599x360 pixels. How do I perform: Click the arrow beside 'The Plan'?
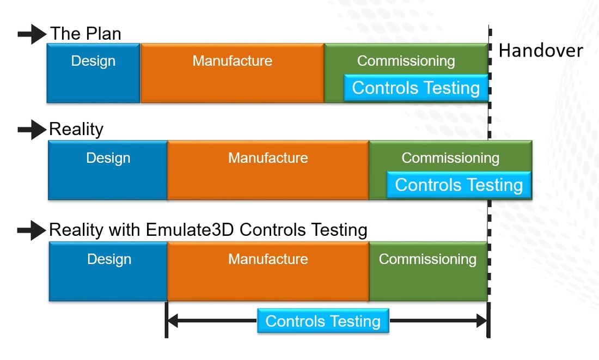[x=32, y=34]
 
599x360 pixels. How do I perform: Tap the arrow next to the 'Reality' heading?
[x=32, y=130]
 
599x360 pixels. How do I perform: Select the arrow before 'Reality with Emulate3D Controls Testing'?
[x=32, y=230]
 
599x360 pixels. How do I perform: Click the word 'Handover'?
[x=541, y=51]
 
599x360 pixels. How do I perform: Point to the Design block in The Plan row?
[x=93, y=73]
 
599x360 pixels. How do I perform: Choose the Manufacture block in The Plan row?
[x=233, y=73]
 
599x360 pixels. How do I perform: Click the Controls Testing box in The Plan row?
[x=416, y=88]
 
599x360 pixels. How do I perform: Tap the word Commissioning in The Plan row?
[x=406, y=61]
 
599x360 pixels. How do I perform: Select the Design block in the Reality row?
[x=108, y=170]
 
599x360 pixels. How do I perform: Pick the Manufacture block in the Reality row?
[x=268, y=170]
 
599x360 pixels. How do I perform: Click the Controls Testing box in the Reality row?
[x=459, y=185]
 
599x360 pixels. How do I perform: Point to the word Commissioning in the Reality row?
[x=450, y=158]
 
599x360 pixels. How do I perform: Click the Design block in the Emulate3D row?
[x=108, y=271]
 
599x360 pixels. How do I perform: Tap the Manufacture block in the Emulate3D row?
[x=268, y=271]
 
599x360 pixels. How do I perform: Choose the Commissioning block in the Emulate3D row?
[x=428, y=271]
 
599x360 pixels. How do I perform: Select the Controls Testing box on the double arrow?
[x=323, y=321]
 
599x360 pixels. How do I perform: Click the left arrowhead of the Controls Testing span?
[x=173, y=321]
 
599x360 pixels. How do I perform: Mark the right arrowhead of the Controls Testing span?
[x=482, y=321]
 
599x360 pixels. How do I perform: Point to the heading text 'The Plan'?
[x=85, y=34]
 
